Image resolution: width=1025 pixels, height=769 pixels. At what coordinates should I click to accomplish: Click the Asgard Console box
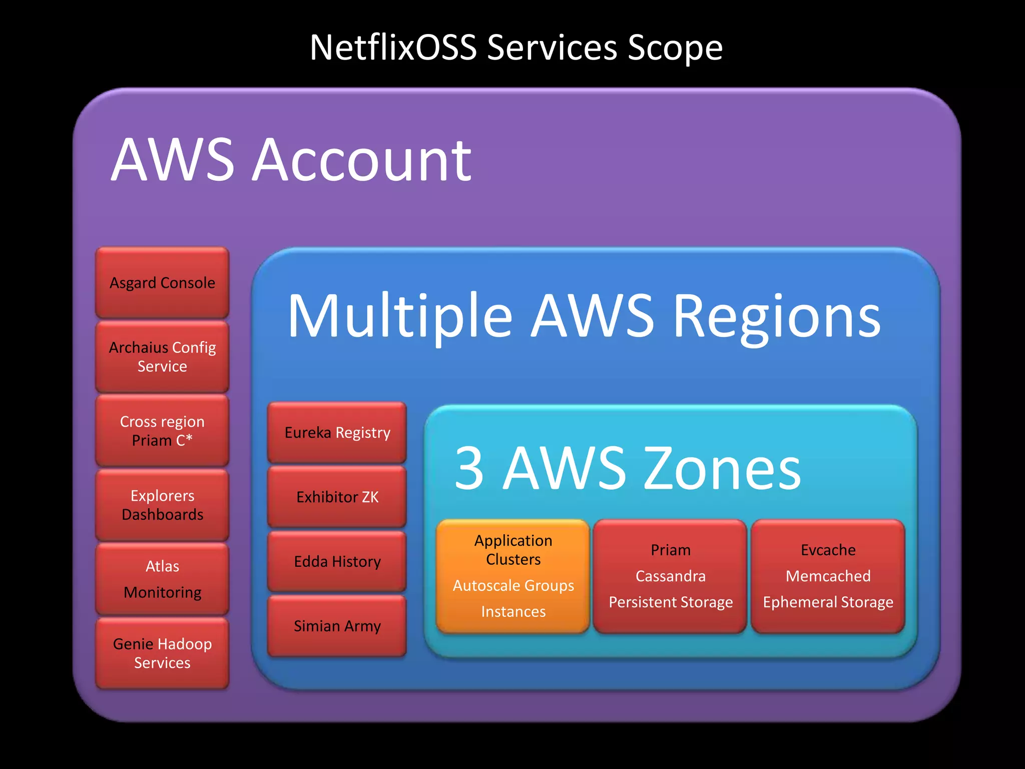coord(162,283)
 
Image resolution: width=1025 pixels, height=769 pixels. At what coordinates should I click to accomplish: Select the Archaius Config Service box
coord(162,356)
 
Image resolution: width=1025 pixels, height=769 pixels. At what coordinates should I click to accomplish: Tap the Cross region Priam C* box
coord(162,431)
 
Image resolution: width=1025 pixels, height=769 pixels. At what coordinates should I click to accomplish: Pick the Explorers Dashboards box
coord(162,505)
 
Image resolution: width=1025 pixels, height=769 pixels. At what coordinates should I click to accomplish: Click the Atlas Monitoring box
coord(162,579)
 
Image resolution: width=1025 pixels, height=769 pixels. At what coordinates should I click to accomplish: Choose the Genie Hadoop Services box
coord(162,653)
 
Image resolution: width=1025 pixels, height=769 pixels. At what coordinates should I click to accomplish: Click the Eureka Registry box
coord(337,433)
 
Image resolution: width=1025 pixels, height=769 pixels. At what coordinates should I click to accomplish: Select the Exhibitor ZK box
coord(337,497)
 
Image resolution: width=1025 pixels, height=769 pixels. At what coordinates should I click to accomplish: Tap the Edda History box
coord(337,561)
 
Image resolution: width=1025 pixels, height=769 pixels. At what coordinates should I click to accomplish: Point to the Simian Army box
coord(337,626)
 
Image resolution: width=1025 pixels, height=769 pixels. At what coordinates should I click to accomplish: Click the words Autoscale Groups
coord(513,585)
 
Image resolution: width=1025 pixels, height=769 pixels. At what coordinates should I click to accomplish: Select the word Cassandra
coord(670,576)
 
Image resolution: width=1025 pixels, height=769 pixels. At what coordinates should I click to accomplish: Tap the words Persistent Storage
coord(670,602)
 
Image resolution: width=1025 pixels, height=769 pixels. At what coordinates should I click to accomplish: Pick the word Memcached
coord(828,576)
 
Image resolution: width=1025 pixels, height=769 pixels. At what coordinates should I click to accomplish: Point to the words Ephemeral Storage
coord(828,602)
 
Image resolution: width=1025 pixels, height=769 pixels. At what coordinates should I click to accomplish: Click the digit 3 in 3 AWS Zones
coord(469,469)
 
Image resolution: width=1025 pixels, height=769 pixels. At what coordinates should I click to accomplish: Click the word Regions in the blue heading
coord(776,317)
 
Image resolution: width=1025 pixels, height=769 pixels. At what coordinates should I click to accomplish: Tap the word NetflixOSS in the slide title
coord(393,48)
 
